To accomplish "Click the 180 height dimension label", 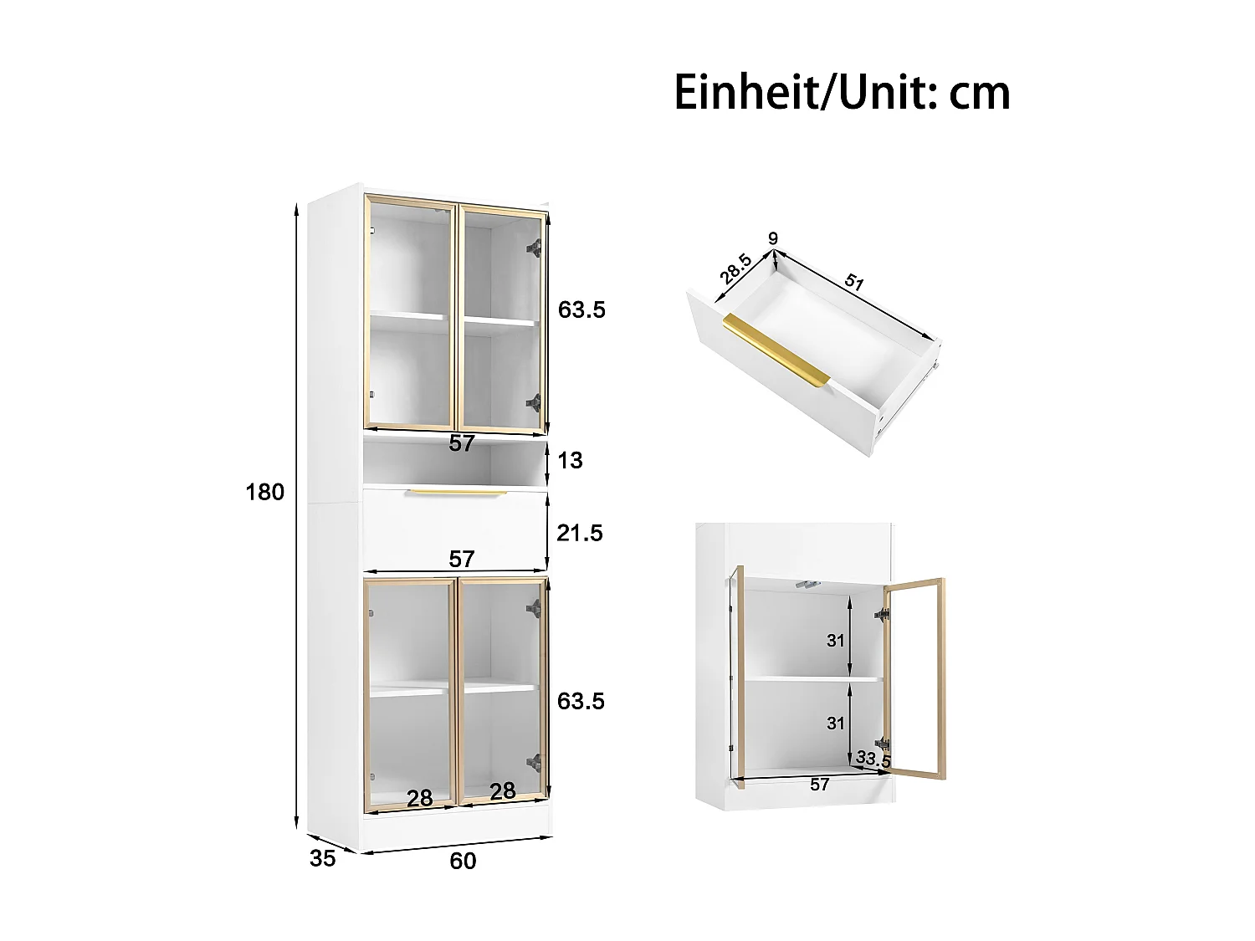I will coord(264,492).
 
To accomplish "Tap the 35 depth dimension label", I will coord(322,858).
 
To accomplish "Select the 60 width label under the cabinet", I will coord(463,861).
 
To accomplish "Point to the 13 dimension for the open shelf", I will coord(570,460).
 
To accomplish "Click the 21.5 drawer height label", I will coord(580,533).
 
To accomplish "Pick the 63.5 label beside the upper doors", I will coord(581,309).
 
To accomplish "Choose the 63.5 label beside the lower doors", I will coord(581,701).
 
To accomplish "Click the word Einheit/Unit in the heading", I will coord(805,92).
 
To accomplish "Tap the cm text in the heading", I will coord(980,94).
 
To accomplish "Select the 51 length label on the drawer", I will coord(853,281).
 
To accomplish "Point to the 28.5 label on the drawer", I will coord(735,268).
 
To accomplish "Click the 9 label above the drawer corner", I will coord(773,238).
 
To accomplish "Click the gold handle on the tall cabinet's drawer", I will coord(458,493).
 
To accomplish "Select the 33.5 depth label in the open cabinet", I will coord(873,759).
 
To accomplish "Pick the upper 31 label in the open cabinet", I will coord(836,641).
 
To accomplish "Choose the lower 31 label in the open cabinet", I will coord(836,723).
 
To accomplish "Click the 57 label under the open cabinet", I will coord(820,785).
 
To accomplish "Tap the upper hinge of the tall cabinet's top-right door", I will coord(533,248).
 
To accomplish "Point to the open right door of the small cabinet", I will coord(915,678).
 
